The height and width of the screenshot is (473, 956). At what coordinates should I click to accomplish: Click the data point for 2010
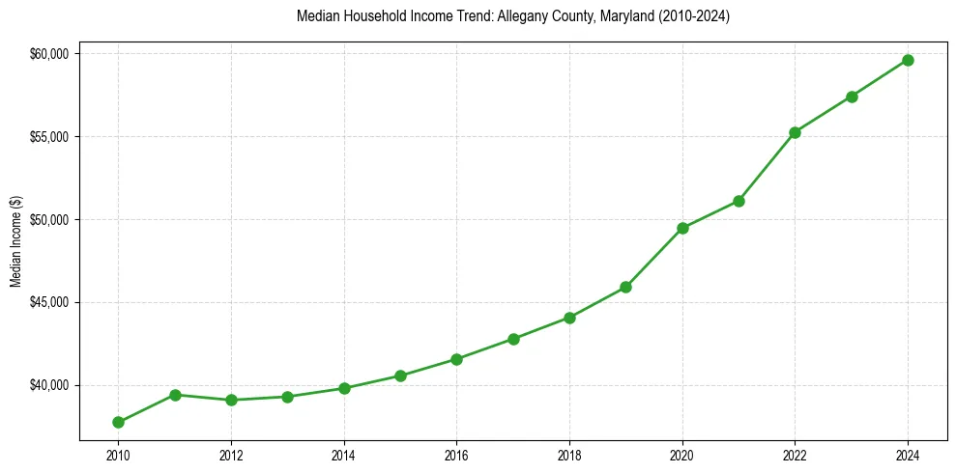pos(118,422)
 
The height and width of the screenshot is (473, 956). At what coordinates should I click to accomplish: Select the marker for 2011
pos(175,395)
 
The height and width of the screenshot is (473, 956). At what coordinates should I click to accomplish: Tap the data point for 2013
pos(287,397)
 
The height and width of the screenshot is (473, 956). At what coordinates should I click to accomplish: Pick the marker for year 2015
pos(400,376)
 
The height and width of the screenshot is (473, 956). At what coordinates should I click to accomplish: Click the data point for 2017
pos(513,339)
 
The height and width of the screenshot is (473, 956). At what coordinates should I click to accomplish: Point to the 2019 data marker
pos(625,287)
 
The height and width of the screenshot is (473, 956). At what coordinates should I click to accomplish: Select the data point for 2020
pos(682,228)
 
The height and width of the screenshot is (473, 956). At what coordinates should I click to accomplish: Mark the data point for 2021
pos(739,201)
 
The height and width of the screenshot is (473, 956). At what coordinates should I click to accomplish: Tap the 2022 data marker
pos(795,132)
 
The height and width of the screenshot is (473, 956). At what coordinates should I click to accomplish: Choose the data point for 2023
pos(852,97)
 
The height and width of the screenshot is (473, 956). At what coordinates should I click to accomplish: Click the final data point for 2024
pos(908,60)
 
